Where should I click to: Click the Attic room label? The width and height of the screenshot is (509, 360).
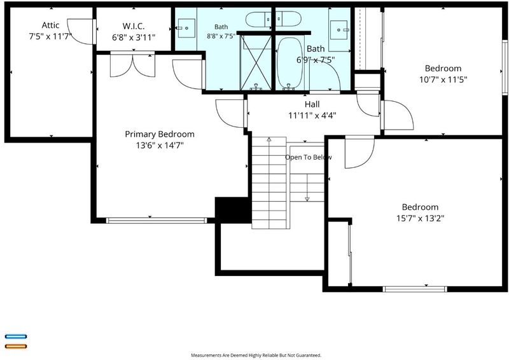[x=50, y=25]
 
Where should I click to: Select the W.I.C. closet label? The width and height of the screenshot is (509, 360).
[x=134, y=26]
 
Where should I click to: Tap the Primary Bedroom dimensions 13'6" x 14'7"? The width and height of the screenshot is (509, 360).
[x=160, y=145]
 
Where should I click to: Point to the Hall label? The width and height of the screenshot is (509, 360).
[x=312, y=104]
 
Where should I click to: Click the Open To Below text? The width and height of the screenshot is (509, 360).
[x=309, y=158]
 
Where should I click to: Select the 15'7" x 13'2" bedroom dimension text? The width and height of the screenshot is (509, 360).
[x=420, y=218]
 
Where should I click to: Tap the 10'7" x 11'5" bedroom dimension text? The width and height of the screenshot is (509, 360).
[x=443, y=80]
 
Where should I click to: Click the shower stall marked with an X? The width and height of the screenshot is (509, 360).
[x=256, y=62]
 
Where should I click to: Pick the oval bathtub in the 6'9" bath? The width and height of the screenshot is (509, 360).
[x=291, y=64]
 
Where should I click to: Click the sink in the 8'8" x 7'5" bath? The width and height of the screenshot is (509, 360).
[x=186, y=28]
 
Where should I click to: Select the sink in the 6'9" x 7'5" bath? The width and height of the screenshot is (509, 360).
[x=338, y=30]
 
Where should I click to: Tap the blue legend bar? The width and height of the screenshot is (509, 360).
[x=16, y=336]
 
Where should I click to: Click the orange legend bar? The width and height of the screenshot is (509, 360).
[x=16, y=346]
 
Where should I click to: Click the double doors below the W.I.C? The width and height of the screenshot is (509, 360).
[x=133, y=64]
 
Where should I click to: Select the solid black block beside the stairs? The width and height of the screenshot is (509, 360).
[x=233, y=210]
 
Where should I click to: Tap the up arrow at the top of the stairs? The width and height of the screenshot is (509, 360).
[x=269, y=140]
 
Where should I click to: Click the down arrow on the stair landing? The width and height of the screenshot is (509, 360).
[x=307, y=198]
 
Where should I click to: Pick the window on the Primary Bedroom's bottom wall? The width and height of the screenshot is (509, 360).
[x=157, y=221]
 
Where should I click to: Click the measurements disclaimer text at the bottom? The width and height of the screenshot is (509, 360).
[x=256, y=356]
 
